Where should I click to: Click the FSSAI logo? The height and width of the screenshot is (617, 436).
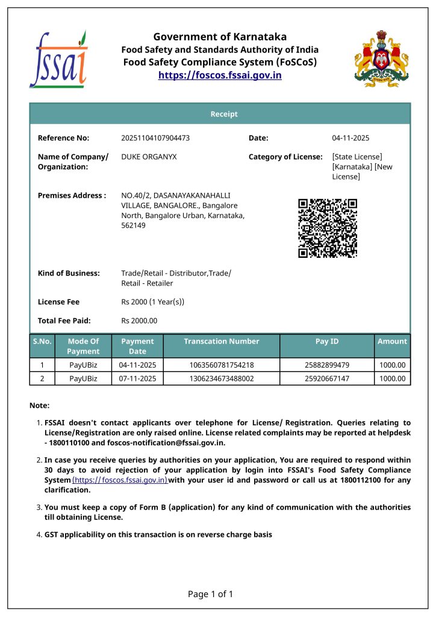[58, 59]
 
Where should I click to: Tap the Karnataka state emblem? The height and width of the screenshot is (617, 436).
[381, 58]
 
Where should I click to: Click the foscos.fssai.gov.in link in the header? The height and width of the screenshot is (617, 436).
[220, 75]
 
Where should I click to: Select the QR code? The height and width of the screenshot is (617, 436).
[328, 228]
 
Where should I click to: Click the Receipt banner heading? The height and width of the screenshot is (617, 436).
[223, 114]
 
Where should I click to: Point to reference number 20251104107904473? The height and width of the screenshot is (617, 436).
[155, 138]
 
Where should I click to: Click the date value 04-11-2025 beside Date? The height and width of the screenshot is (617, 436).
[350, 138]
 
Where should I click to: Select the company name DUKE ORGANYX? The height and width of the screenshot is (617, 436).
[149, 157]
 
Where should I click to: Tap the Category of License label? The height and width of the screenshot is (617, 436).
[285, 157]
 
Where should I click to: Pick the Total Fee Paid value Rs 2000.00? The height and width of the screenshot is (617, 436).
[139, 321]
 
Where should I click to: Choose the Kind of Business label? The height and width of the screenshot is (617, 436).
[69, 273]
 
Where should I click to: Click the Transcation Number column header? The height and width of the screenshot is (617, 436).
[221, 341]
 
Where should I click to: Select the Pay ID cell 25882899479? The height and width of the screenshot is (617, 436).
[327, 365]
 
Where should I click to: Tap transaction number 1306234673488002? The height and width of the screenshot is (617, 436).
[222, 379]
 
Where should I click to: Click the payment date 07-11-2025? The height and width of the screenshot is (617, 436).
[137, 379]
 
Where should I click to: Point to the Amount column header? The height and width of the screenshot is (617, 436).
[392, 341]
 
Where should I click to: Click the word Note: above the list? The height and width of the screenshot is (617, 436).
[39, 406]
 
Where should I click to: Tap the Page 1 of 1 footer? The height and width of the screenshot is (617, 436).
[210, 594]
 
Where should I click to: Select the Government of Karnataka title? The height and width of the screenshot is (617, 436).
[220, 37]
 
